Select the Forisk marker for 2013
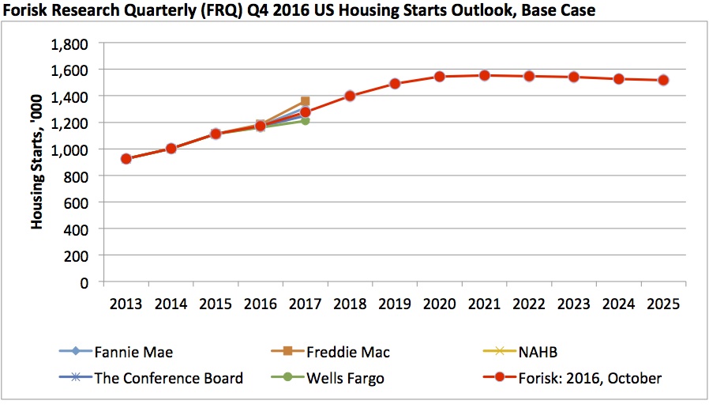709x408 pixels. [x=126, y=159]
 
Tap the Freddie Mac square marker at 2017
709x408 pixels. [x=305, y=101]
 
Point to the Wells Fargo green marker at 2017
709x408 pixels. [x=305, y=121]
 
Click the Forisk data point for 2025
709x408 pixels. [x=664, y=80]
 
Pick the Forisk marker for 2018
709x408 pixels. [x=350, y=96]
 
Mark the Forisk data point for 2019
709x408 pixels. [x=395, y=84]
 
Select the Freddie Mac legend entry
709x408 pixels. [x=347, y=352]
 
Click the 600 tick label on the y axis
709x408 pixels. [x=77, y=202]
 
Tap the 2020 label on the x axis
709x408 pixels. [x=439, y=304]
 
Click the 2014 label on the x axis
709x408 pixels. [x=170, y=304]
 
